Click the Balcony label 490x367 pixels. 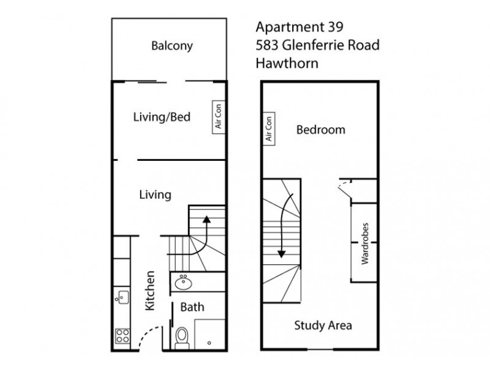click(x=172, y=46)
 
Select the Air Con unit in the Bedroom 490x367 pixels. click(x=268, y=130)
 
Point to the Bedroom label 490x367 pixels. click(x=320, y=130)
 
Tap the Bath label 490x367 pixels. click(x=192, y=308)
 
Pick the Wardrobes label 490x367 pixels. click(x=364, y=243)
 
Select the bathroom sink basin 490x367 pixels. click(x=183, y=283)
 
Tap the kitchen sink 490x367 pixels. click(x=121, y=298)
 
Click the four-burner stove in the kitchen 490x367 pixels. click(x=121, y=336)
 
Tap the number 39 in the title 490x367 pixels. click(x=331, y=27)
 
